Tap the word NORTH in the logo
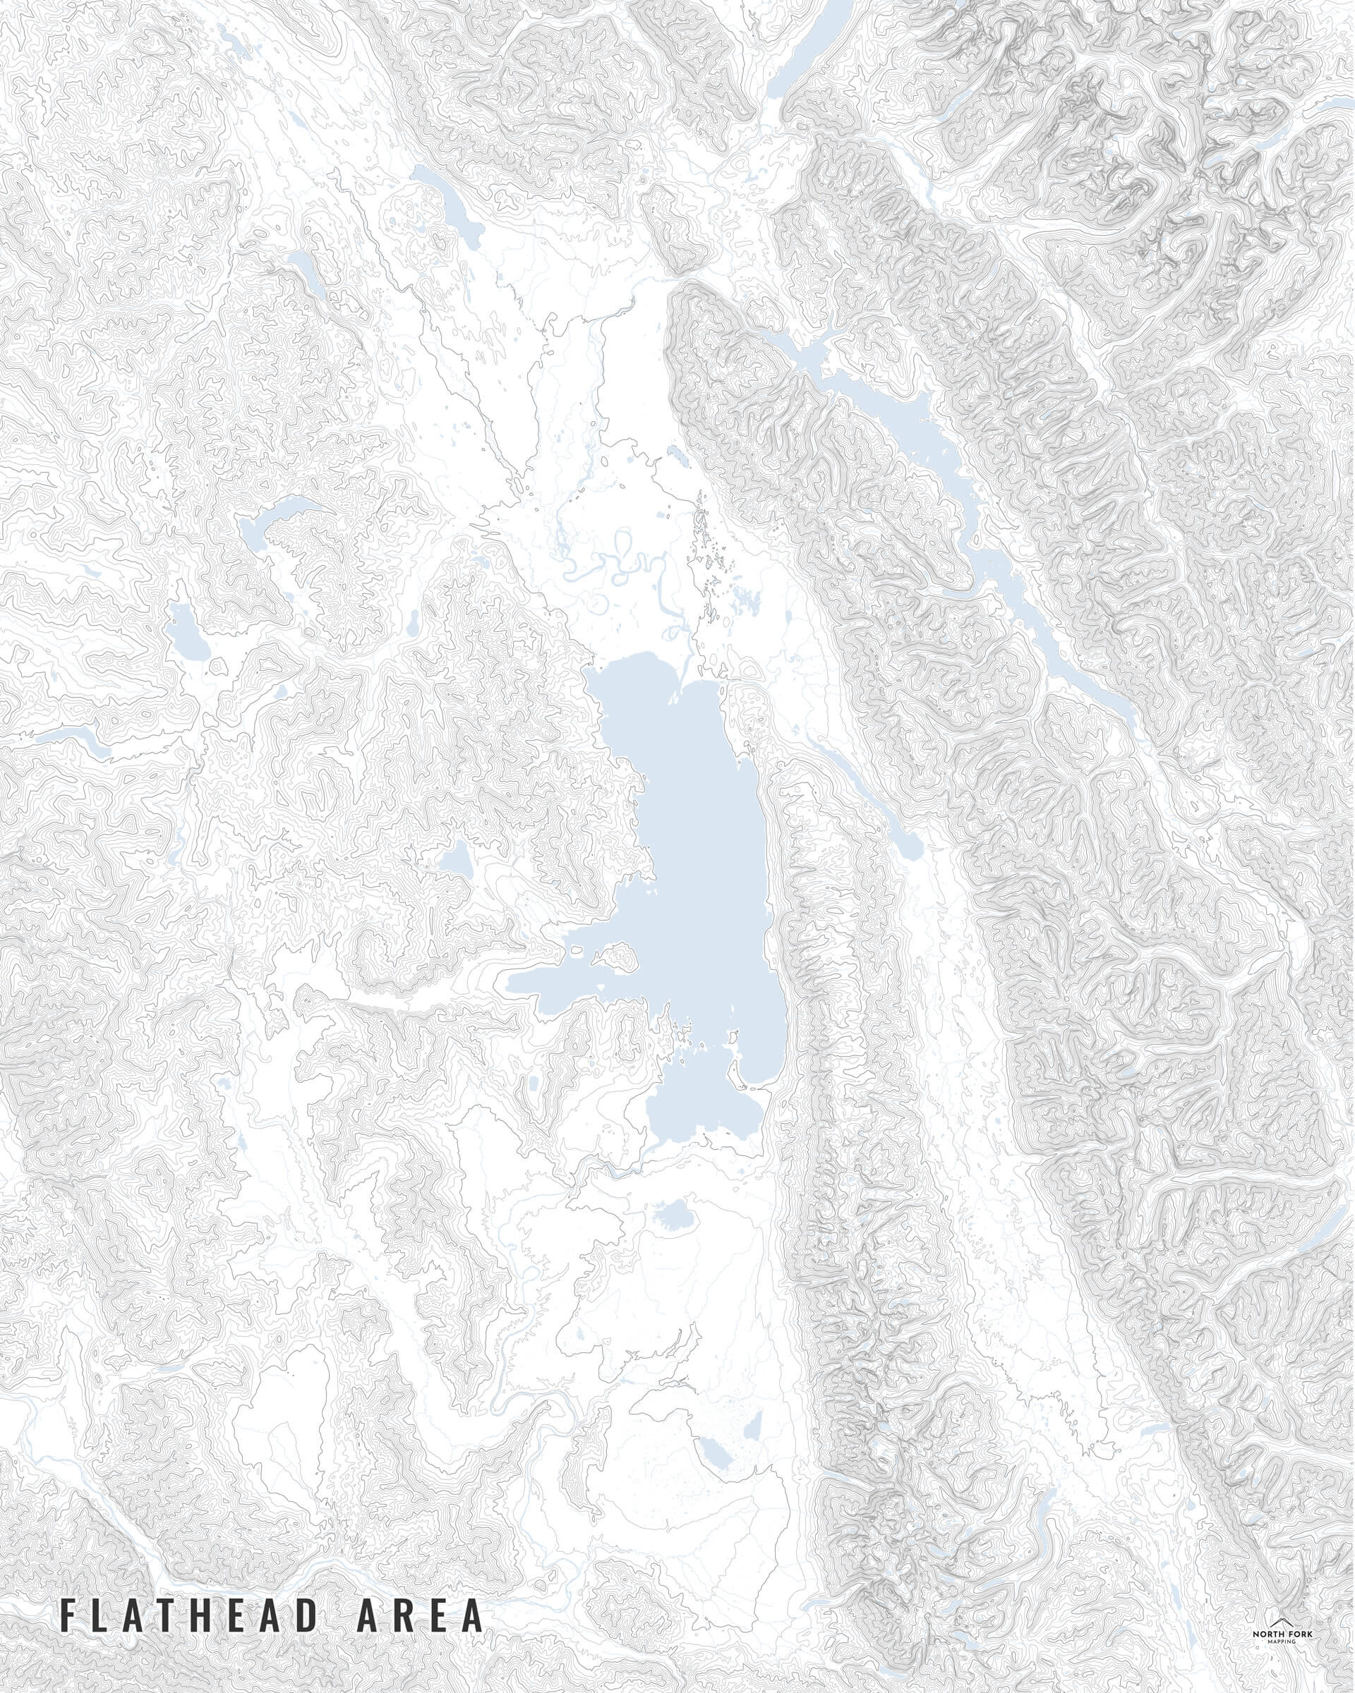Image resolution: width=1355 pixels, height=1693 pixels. [x=1270, y=1634]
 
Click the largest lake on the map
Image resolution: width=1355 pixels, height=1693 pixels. [x=699, y=863]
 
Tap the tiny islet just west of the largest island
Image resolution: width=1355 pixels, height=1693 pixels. [x=579, y=952]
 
